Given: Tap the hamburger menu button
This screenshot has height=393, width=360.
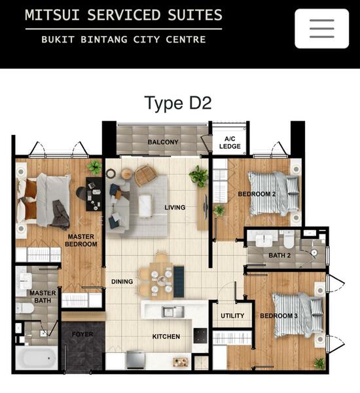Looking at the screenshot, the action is tap(321, 28).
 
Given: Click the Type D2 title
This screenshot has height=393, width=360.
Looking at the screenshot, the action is tap(178, 103).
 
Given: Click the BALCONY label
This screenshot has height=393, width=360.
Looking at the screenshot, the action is tap(163, 142).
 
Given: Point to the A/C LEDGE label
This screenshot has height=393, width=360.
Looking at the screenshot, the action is tap(230, 142).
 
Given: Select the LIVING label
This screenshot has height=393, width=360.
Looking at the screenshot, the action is tap(175, 207).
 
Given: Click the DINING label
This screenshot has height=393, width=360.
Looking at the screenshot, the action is tap(122, 282).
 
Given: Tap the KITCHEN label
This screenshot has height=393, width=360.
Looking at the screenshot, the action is tap(166, 337).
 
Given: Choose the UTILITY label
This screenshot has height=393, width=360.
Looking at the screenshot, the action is tap(232, 316).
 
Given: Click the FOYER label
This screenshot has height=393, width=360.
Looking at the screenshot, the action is tap(82, 334).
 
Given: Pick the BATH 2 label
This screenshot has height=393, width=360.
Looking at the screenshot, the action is tap(279, 255).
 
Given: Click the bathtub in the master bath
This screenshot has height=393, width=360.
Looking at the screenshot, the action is tap(37, 358).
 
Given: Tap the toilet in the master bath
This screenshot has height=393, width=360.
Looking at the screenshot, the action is tap(25, 309).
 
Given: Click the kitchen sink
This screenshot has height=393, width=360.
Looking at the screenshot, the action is tap(173, 312).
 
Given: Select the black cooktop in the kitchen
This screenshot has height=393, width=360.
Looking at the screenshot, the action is tap(200, 335).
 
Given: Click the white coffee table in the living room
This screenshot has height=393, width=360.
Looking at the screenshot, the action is tap(145, 206).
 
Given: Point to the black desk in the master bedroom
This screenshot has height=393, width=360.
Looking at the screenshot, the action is tap(94, 195).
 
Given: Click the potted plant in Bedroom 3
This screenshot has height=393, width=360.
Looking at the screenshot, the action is tap(319, 363).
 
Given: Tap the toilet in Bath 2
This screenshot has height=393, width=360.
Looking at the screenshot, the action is tap(289, 239).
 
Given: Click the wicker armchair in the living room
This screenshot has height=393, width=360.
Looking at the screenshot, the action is tap(145, 175).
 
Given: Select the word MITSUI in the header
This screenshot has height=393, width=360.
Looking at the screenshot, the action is tap(52, 14).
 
